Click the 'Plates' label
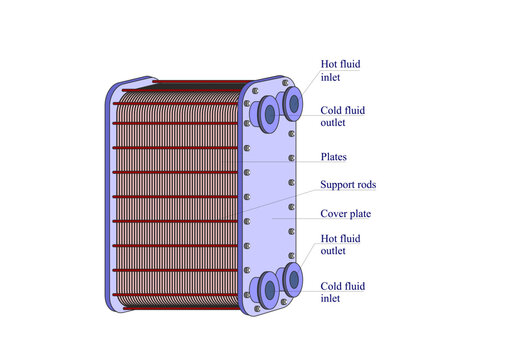(334, 157)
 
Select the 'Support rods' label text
(348, 185)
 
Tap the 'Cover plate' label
(345, 213)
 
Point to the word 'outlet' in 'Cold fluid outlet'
(334, 123)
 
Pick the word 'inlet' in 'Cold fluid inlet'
(330, 298)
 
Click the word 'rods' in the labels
(365, 185)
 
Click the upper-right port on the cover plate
(294, 102)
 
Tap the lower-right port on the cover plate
(292, 277)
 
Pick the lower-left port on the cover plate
(269, 290)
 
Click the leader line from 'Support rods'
(285, 198)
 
